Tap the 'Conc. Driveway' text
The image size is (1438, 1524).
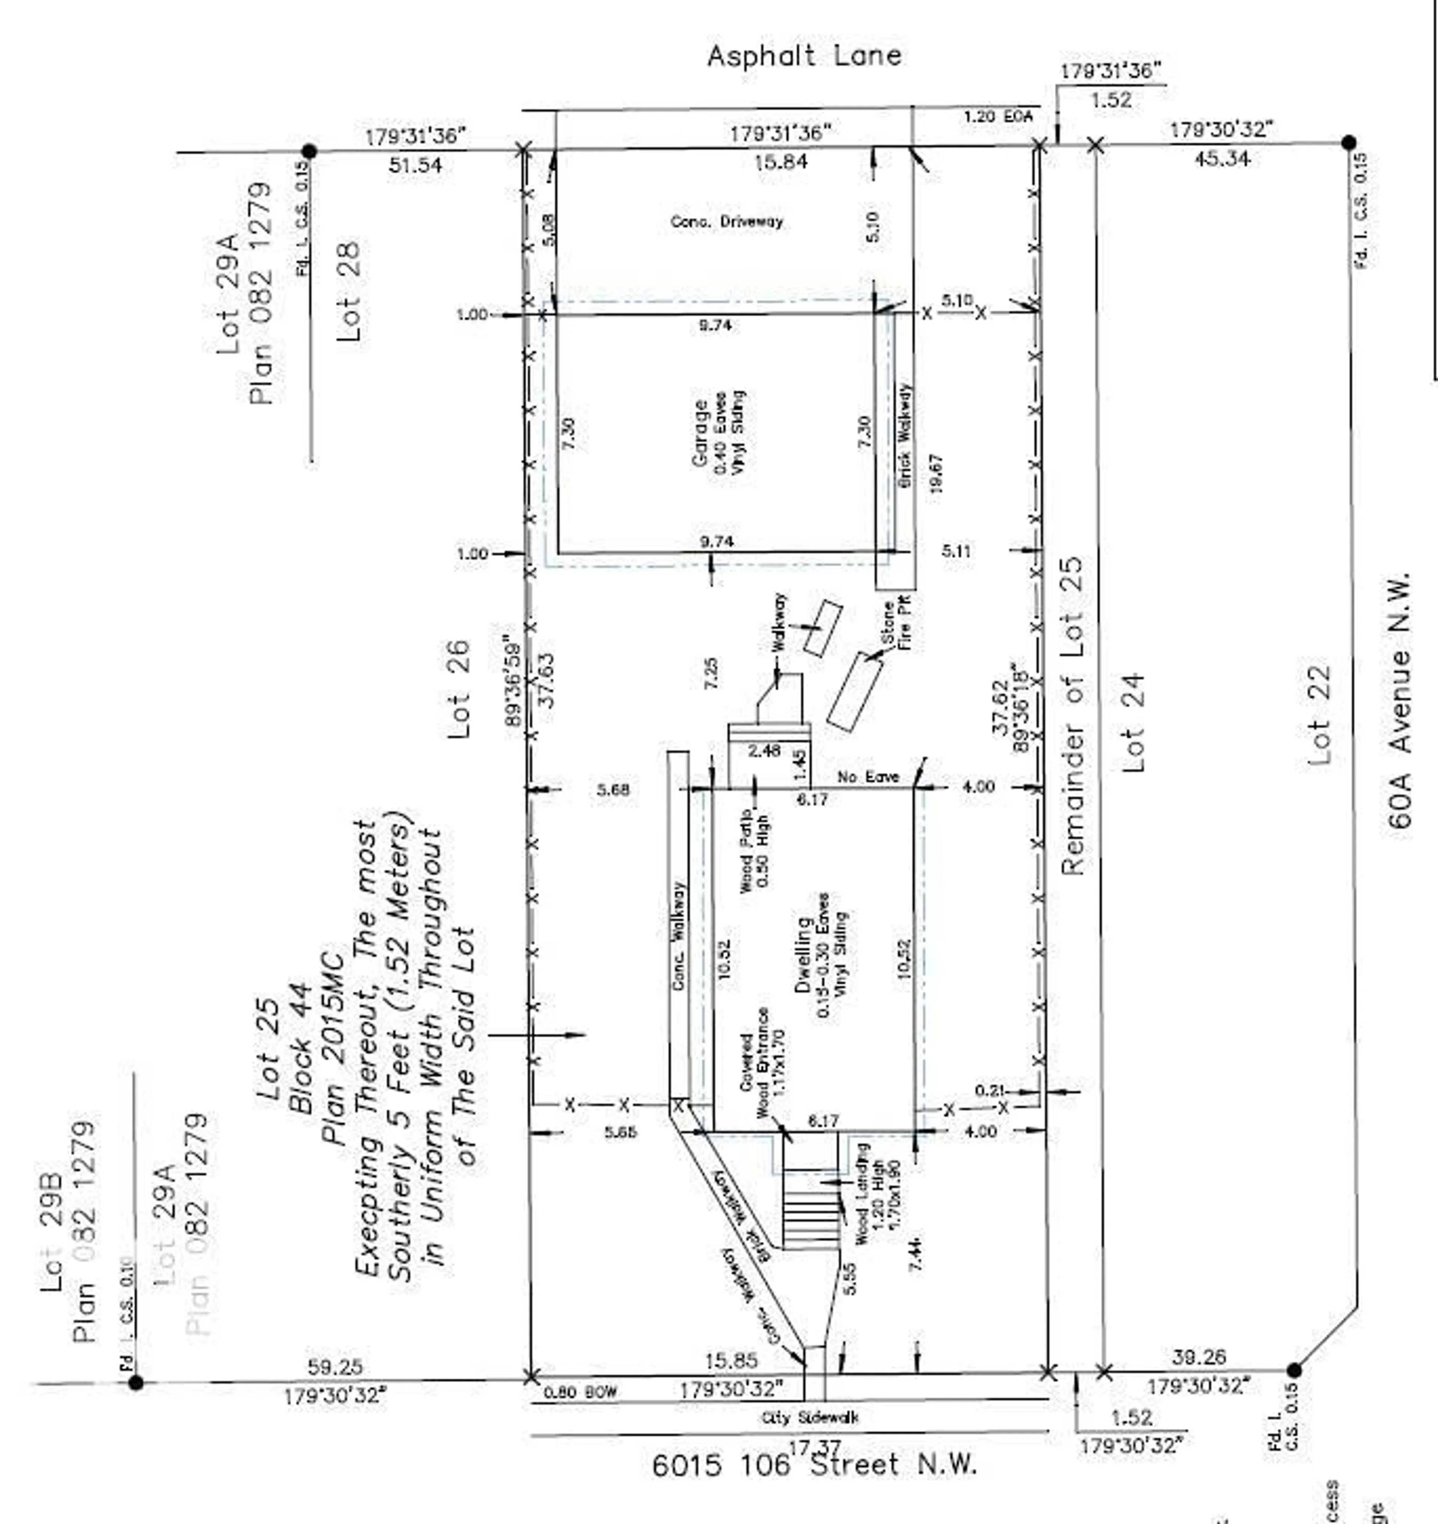[x=726, y=222]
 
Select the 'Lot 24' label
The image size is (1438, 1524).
[x=1133, y=723]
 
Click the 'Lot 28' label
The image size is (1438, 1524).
[x=349, y=292]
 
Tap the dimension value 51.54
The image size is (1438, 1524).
[x=415, y=165]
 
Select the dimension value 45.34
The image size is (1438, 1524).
[x=1222, y=160]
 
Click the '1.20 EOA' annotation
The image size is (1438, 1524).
[x=998, y=116]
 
